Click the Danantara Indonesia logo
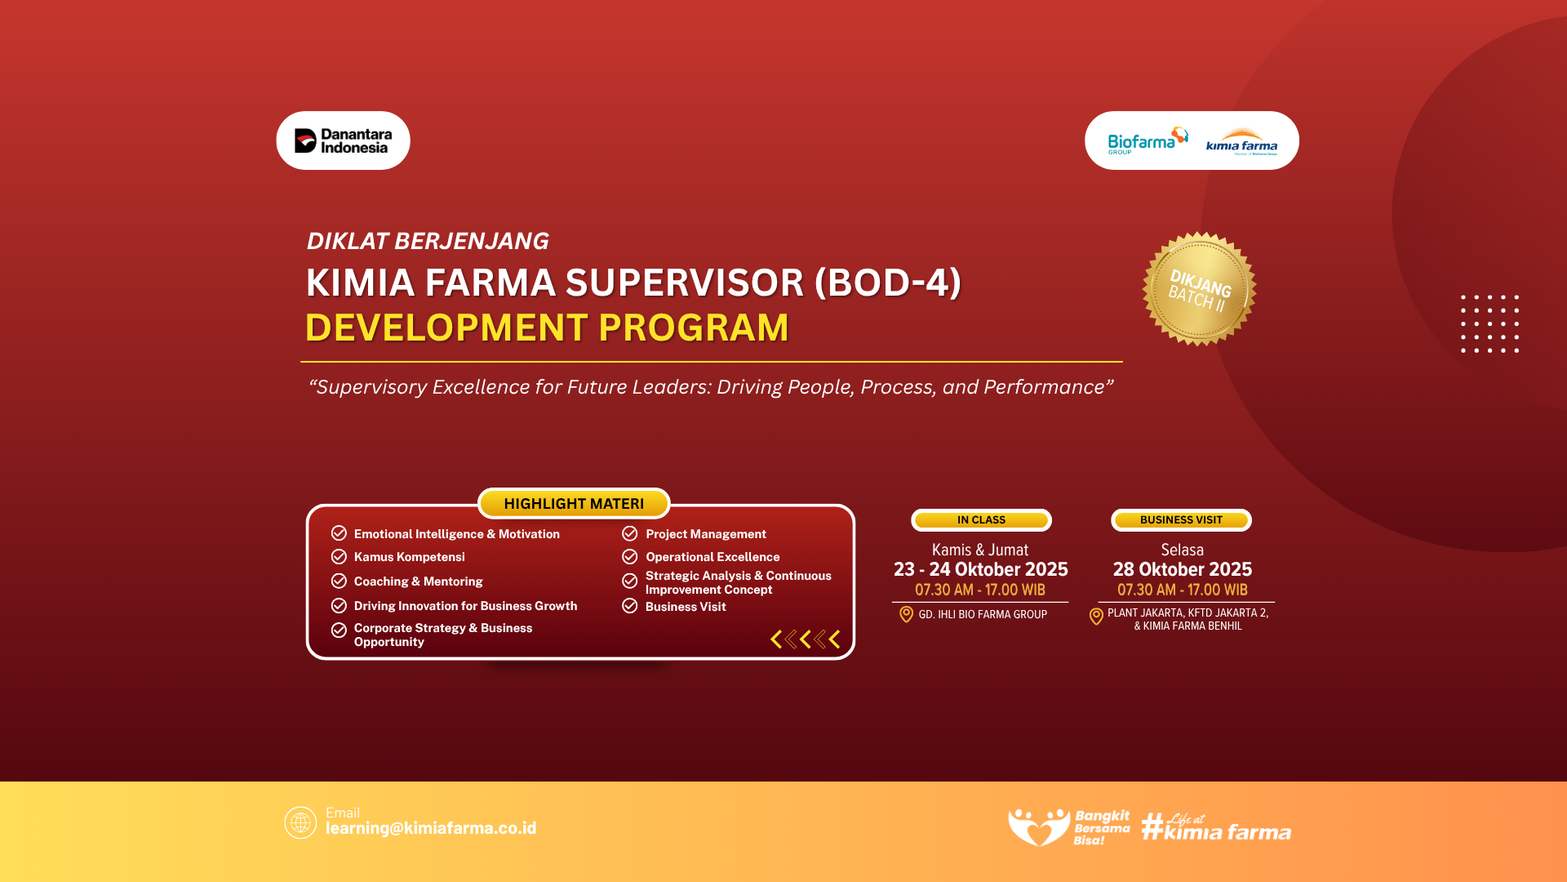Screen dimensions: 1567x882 (x=343, y=140)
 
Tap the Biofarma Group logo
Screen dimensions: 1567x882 (x=1148, y=140)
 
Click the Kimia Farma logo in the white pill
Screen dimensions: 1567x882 (x=1241, y=142)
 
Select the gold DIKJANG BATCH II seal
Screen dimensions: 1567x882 (x=1199, y=289)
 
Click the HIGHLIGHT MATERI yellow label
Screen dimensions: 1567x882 (x=574, y=504)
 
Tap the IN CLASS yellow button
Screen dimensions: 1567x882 (x=981, y=520)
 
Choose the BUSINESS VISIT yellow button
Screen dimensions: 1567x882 (x=1181, y=520)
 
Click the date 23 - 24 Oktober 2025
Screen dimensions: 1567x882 (x=980, y=569)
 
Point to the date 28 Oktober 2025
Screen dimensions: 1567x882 (x=1182, y=569)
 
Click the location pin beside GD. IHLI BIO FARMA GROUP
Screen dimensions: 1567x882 (x=906, y=614)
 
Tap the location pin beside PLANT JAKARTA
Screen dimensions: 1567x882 (x=1096, y=617)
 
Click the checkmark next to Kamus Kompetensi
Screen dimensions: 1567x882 (x=339, y=557)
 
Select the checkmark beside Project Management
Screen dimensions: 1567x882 (x=629, y=533)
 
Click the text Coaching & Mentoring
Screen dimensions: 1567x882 (x=418, y=581)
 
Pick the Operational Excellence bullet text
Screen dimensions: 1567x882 (x=712, y=557)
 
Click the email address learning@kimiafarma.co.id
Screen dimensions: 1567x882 (x=431, y=828)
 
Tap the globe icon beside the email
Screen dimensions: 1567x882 (x=300, y=822)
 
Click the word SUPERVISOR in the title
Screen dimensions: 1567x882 (x=685, y=283)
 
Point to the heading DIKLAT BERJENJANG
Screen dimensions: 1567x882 (x=427, y=241)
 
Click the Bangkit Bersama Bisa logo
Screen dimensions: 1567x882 (x=1069, y=827)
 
